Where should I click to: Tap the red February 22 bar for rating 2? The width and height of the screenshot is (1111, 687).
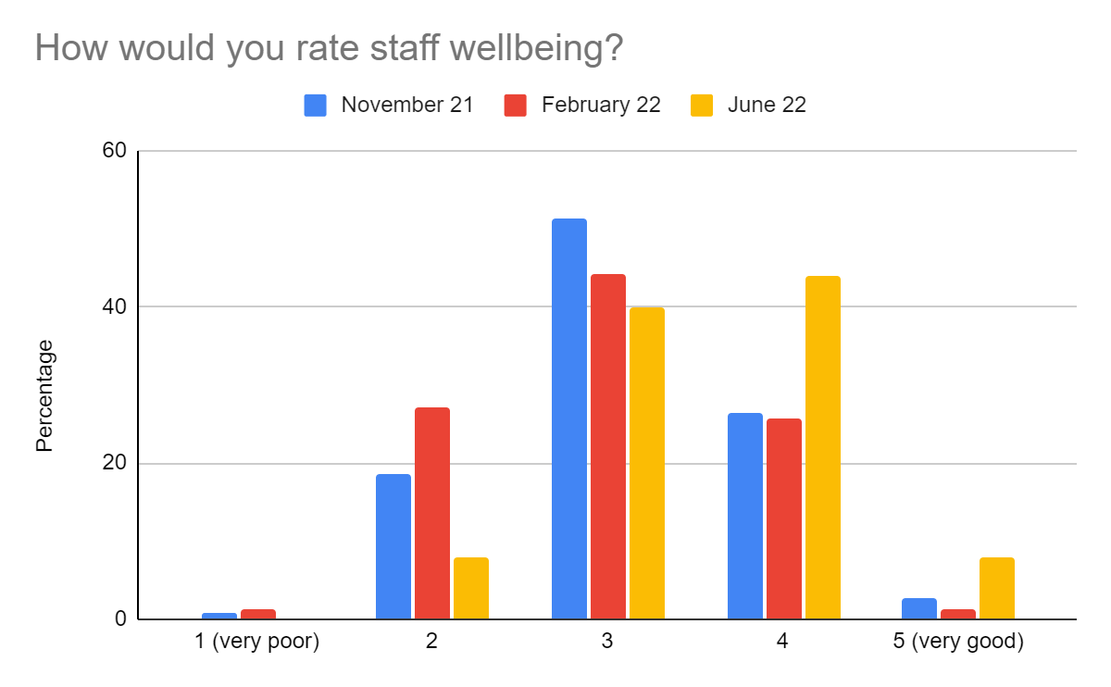432,513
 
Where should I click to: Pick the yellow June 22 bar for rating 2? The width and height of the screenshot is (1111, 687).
471,588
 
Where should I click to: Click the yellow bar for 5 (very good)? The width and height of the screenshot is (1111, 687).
997,588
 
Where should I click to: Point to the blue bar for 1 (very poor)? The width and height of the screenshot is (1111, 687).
219,616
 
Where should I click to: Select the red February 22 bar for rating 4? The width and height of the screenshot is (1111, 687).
784,518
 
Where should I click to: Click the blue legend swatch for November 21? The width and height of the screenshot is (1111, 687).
316,106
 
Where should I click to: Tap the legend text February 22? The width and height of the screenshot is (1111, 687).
601,105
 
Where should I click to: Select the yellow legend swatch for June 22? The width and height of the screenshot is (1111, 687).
702,106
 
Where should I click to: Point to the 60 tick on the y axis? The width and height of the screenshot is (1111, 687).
114,151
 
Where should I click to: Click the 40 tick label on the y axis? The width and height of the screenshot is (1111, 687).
114,306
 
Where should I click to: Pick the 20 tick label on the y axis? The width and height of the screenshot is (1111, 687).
114,463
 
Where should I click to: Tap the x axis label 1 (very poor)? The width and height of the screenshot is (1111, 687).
258,642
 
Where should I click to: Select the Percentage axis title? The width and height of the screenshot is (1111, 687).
44,396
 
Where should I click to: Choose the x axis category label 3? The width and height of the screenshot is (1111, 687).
607,642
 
